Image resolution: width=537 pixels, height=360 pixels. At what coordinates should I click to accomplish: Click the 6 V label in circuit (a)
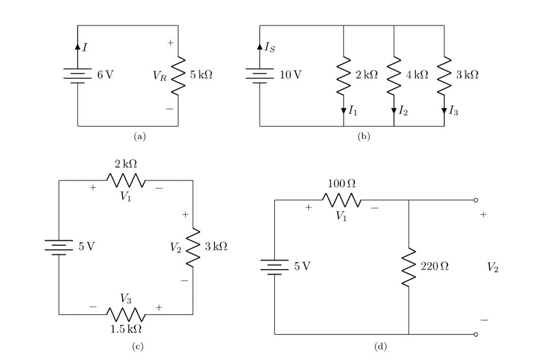coord(105,75)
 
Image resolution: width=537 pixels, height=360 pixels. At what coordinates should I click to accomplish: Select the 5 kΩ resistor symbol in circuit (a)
coord(178,75)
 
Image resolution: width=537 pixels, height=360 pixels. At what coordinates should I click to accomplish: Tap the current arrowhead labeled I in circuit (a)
coord(78,47)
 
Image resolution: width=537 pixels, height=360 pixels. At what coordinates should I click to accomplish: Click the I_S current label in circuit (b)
coord(269,48)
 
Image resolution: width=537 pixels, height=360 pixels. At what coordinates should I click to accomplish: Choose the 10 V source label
coord(291,75)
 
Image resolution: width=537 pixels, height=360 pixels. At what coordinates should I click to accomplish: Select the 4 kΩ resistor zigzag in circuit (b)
coord(393,75)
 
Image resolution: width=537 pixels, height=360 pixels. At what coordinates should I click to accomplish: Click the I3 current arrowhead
coord(444,110)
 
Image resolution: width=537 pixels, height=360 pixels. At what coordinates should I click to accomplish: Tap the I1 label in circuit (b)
coord(355,110)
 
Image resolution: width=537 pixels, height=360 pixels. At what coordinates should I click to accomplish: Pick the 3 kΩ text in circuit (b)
coord(466,75)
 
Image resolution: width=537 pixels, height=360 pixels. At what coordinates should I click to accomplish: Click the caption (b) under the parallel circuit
coord(363,136)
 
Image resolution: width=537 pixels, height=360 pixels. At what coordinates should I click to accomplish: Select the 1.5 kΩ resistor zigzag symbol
coord(126,314)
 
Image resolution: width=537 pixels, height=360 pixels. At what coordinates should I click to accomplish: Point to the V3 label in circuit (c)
coord(125,299)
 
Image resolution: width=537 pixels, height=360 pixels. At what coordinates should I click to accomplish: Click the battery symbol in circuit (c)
coord(59,247)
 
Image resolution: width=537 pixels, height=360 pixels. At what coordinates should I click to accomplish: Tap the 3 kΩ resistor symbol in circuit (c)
coord(194,247)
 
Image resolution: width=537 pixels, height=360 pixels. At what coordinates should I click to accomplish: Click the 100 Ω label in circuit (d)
coord(341,184)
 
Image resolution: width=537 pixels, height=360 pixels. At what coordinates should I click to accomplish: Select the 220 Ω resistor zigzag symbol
coord(409,267)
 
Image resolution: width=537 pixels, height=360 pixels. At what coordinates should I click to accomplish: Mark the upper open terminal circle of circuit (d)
coord(476,200)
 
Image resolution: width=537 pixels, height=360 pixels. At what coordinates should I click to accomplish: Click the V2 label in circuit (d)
coord(492,267)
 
